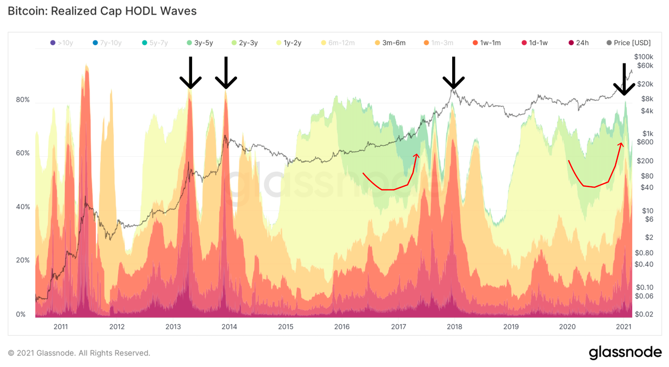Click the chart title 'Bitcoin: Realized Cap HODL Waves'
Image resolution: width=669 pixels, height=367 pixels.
pyautogui.click(x=102, y=11)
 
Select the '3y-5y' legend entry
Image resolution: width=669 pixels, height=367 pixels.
pyautogui.click(x=199, y=43)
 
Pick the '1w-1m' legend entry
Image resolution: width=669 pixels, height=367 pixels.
pyautogui.click(x=487, y=43)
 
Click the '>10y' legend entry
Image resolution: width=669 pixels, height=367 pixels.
pyautogui.click(x=59, y=43)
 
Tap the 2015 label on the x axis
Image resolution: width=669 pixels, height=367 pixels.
pyautogui.click(x=285, y=327)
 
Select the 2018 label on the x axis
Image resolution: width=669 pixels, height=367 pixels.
pyautogui.click(x=454, y=327)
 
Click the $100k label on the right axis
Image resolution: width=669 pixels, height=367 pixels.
pyautogui.click(x=643, y=56)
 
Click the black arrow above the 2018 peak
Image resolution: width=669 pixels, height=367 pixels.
pyautogui.click(x=454, y=73)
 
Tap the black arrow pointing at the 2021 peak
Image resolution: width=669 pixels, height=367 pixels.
pyautogui.click(x=624, y=80)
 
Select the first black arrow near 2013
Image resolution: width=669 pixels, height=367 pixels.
pyautogui.click(x=190, y=73)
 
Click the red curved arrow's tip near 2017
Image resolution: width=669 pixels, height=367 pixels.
pyautogui.click(x=417, y=155)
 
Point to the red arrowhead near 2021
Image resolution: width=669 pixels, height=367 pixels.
pyautogui.click(x=621, y=144)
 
